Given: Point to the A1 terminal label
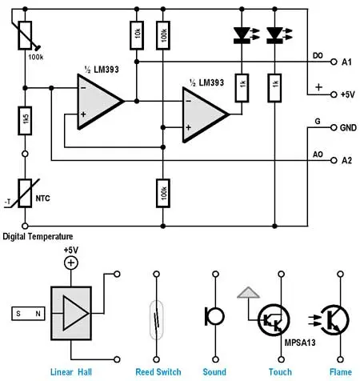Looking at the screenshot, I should [346, 62].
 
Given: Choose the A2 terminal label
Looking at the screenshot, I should [346, 160].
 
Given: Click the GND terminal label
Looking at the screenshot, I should [348, 126].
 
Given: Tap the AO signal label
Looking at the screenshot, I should [318, 154].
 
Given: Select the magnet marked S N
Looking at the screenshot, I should [26, 315].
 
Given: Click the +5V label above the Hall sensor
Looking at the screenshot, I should [72, 251].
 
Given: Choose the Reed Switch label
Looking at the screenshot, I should [159, 371].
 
